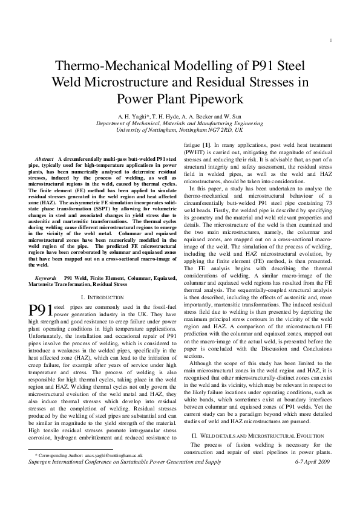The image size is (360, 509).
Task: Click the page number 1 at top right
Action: pos(333,41)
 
